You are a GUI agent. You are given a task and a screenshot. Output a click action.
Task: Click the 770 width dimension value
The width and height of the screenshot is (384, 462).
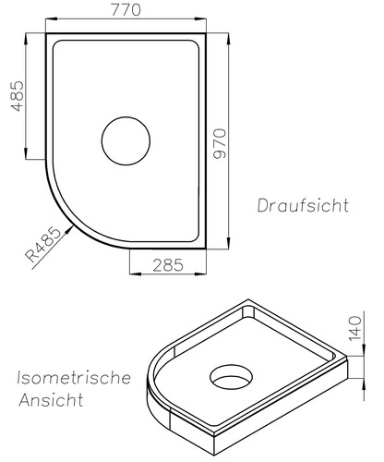127,11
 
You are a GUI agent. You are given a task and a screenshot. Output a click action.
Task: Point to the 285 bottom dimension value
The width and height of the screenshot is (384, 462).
166,265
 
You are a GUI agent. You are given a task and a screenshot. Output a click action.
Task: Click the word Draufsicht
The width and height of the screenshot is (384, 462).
304,204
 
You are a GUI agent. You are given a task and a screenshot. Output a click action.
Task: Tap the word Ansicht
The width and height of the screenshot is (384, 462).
50,402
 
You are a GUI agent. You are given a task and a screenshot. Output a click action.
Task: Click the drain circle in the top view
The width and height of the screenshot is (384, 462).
125,143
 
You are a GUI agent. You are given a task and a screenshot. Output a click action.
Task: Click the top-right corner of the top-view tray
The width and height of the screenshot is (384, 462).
210,34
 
